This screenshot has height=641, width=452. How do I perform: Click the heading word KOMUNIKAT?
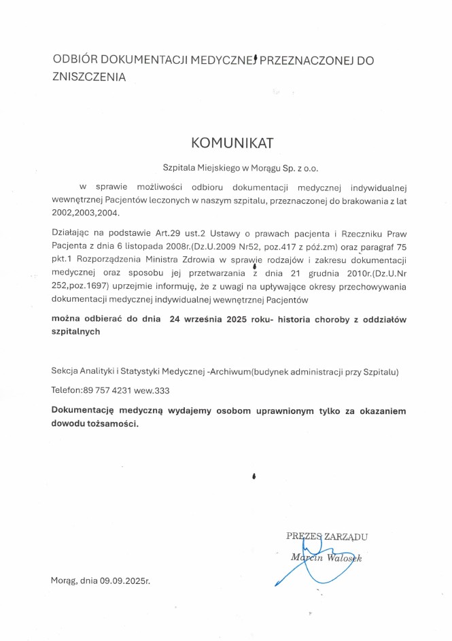[232, 143]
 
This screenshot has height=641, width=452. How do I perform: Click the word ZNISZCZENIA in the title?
[89, 77]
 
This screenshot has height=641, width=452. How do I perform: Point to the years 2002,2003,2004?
[85, 213]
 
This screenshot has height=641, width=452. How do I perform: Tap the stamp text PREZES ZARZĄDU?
[327, 536]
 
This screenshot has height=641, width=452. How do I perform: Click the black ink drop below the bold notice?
[254, 477]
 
